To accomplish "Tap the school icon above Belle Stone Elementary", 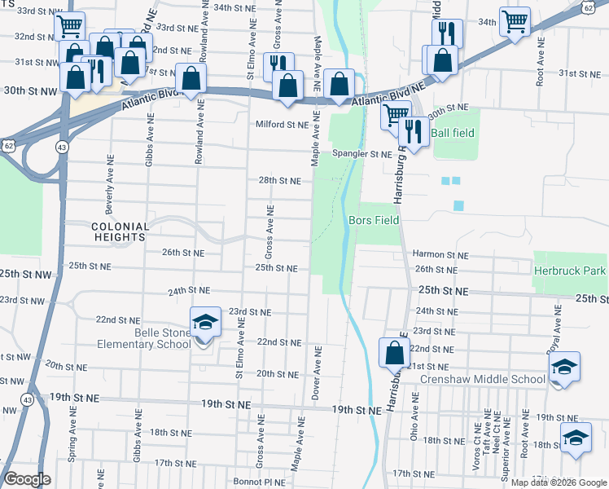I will [x=205, y=322].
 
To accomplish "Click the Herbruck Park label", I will [x=570, y=270].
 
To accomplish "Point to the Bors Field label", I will [x=374, y=220].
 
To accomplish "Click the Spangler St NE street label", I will [x=361, y=153].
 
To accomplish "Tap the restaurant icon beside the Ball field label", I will [x=414, y=131].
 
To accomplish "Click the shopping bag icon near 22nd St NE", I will [x=394, y=353].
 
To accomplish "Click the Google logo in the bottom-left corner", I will [x=28, y=478].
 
